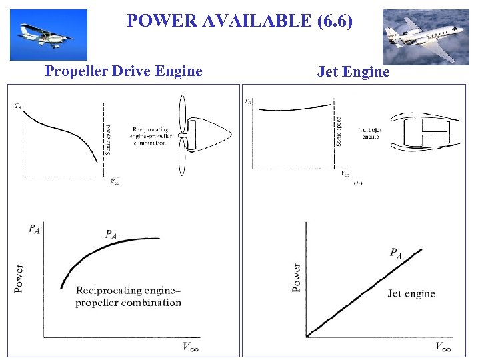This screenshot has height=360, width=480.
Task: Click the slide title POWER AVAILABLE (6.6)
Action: click(239, 21)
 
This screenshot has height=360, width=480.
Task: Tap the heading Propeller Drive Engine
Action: click(123, 71)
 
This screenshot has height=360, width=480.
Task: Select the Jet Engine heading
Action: click(353, 71)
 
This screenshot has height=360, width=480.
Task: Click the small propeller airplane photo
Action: click(48, 35)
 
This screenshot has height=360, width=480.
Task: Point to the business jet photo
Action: click(426, 37)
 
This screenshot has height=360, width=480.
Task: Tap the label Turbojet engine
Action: click(370, 133)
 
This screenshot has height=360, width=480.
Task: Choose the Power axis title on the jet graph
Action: click(296, 277)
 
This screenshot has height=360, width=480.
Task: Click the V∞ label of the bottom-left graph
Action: click(191, 346)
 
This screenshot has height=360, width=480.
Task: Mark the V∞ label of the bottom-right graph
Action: click(443, 346)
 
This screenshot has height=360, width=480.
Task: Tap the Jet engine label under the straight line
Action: click(411, 293)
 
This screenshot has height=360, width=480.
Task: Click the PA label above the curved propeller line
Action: click(112, 234)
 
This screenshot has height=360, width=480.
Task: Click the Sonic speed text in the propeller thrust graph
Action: click(109, 140)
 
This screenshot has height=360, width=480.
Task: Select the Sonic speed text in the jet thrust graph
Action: click(339, 132)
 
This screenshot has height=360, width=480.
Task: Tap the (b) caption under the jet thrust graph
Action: click(359, 181)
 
